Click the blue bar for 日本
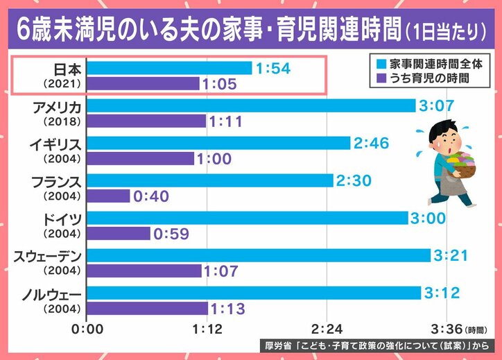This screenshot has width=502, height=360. [170, 68]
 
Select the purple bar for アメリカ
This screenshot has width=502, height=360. [147, 121]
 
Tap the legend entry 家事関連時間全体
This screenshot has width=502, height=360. [431, 63]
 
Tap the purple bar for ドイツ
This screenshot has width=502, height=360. [119, 234]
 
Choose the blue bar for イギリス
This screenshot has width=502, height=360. [219, 143]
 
